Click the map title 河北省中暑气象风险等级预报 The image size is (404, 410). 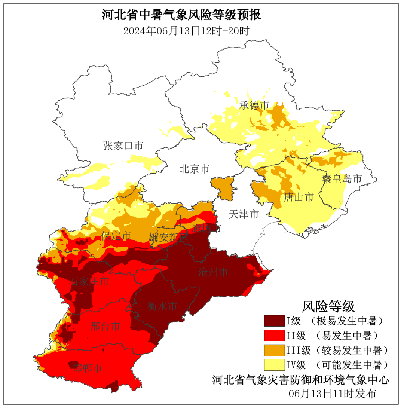pyautogui.click(x=181, y=15)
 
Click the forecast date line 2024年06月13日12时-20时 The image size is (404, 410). pyautogui.click(x=186, y=31)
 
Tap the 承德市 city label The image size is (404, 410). pyautogui.click(x=254, y=105)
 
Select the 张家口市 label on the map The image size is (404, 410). pyautogui.click(x=123, y=146)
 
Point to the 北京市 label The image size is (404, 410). pyautogui.click(x=194, y=169)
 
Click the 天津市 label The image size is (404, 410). pyautogui.click(x=244, y=214)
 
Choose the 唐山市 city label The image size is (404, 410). pyautogui.click(x=298, y=197)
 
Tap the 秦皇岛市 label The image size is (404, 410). pyautogui.click(x=342, y=179)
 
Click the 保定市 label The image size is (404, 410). pyautogui.click(x=116, y=236)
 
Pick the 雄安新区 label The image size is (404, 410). pyautogui.click(x=167, y=237)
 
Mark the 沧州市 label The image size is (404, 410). pyautogui.click(x=213, y=272)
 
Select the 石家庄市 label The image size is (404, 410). pyautogui.click(x=89, y=281)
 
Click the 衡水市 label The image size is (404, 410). pyautogui.click(x=162, y=307)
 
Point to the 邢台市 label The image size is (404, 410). pyautogui.click(x=105, y=327)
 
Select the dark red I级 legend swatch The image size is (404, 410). pyautogui.click(x=274, y=321)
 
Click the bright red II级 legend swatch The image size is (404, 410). pyautogui.click(x=274, y=336)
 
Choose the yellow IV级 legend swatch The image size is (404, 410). pyautogui.click(x=274, y=365)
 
